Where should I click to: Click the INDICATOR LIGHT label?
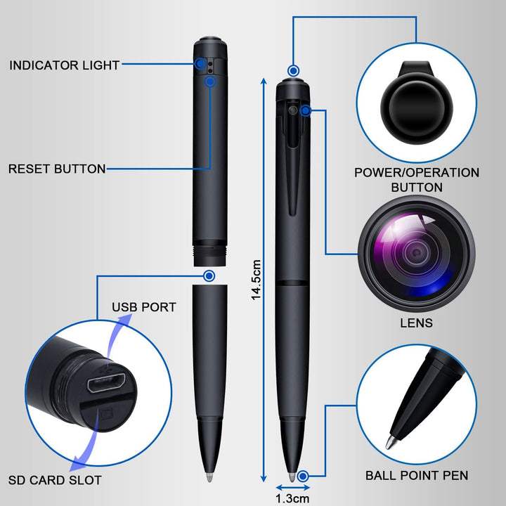pos(64,65)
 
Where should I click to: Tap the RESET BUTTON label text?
pos(57,169)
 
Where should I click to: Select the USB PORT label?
pos(144,307)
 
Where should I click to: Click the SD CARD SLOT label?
pos(55,481)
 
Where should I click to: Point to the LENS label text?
pos(417,323)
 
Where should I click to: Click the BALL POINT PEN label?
pos(417,476)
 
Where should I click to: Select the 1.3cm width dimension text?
pos(292,498)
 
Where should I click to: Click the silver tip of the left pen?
pos(209,476)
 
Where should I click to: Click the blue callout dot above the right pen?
pos(293,70)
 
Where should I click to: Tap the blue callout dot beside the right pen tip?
pos(304,476)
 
